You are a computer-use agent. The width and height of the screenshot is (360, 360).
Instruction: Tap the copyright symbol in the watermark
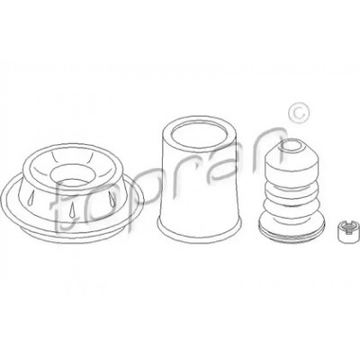point(298,112)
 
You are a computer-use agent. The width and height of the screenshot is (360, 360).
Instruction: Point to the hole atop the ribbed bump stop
point(292,147)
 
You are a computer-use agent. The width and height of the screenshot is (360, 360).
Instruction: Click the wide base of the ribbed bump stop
point(292,226)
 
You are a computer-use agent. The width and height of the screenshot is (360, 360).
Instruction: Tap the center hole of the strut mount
point(71,175)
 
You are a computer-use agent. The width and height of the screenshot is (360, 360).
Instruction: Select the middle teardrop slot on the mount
point(72,208)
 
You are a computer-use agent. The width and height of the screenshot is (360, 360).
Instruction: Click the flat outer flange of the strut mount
point(72,218)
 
